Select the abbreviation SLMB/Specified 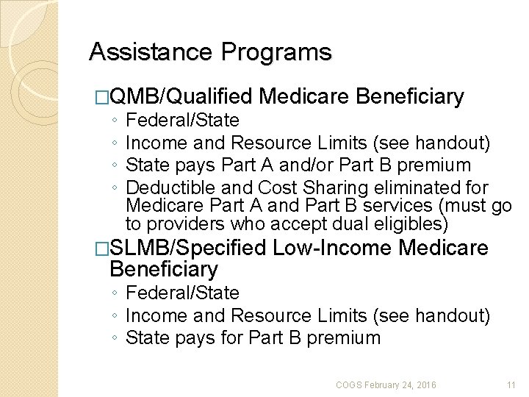[x=187, y=248]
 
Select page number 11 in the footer [x=511, y=385]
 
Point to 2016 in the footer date [x=425, y=385]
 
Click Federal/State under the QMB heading [x=183, y=120]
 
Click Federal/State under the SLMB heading [x=183, y=293]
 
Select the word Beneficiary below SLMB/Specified [x=163, y=270]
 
